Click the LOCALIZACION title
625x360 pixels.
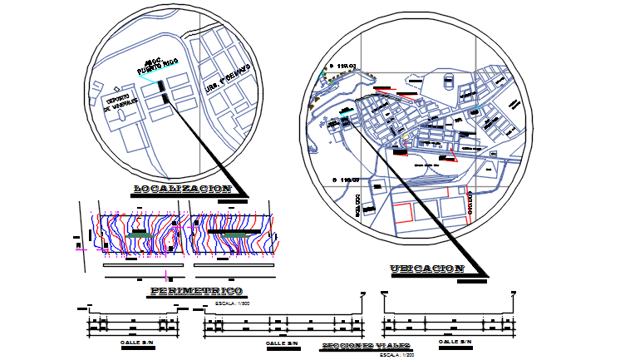pos(183,190)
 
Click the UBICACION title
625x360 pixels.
pos(426,269)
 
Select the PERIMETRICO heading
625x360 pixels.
pos(196,291)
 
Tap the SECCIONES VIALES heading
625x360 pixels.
pos(367,345)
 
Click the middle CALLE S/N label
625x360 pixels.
pos(282,343)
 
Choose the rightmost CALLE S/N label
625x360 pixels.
pos(455,342)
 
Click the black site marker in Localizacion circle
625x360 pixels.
pos(165,98)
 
